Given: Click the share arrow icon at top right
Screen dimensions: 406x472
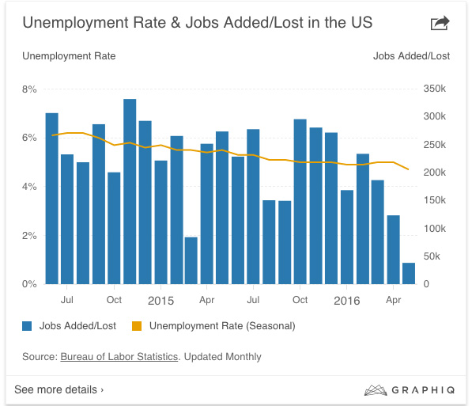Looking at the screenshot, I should (x=440, y=24).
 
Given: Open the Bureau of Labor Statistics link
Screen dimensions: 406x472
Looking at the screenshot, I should (x=119, y=357).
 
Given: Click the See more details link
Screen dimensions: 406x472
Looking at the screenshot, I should (x=59, y=389).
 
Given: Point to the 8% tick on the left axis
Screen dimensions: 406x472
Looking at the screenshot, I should (x=29, y=89).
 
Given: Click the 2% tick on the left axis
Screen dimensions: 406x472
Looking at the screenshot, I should (x=29, y=236).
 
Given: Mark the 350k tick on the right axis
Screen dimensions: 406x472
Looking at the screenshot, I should (x=435, y=89).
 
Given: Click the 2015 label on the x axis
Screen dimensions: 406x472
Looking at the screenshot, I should (x=160, y=301).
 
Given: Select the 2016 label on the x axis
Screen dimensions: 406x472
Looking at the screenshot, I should (x=346, y=301).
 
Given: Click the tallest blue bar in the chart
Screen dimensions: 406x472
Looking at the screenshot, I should (x=130, y=190).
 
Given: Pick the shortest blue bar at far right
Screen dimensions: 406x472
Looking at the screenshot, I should (x=409, y=273).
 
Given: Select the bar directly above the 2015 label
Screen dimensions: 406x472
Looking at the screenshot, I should (x=160, y=222).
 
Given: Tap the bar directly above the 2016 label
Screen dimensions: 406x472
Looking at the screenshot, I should (x=347, y=236).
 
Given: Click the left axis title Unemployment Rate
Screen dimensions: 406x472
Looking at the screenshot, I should (x=69, y=56).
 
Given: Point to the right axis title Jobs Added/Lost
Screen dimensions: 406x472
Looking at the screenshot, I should (x=411, y=56).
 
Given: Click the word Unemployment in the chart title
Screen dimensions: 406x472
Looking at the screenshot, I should (x=70, y=23).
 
